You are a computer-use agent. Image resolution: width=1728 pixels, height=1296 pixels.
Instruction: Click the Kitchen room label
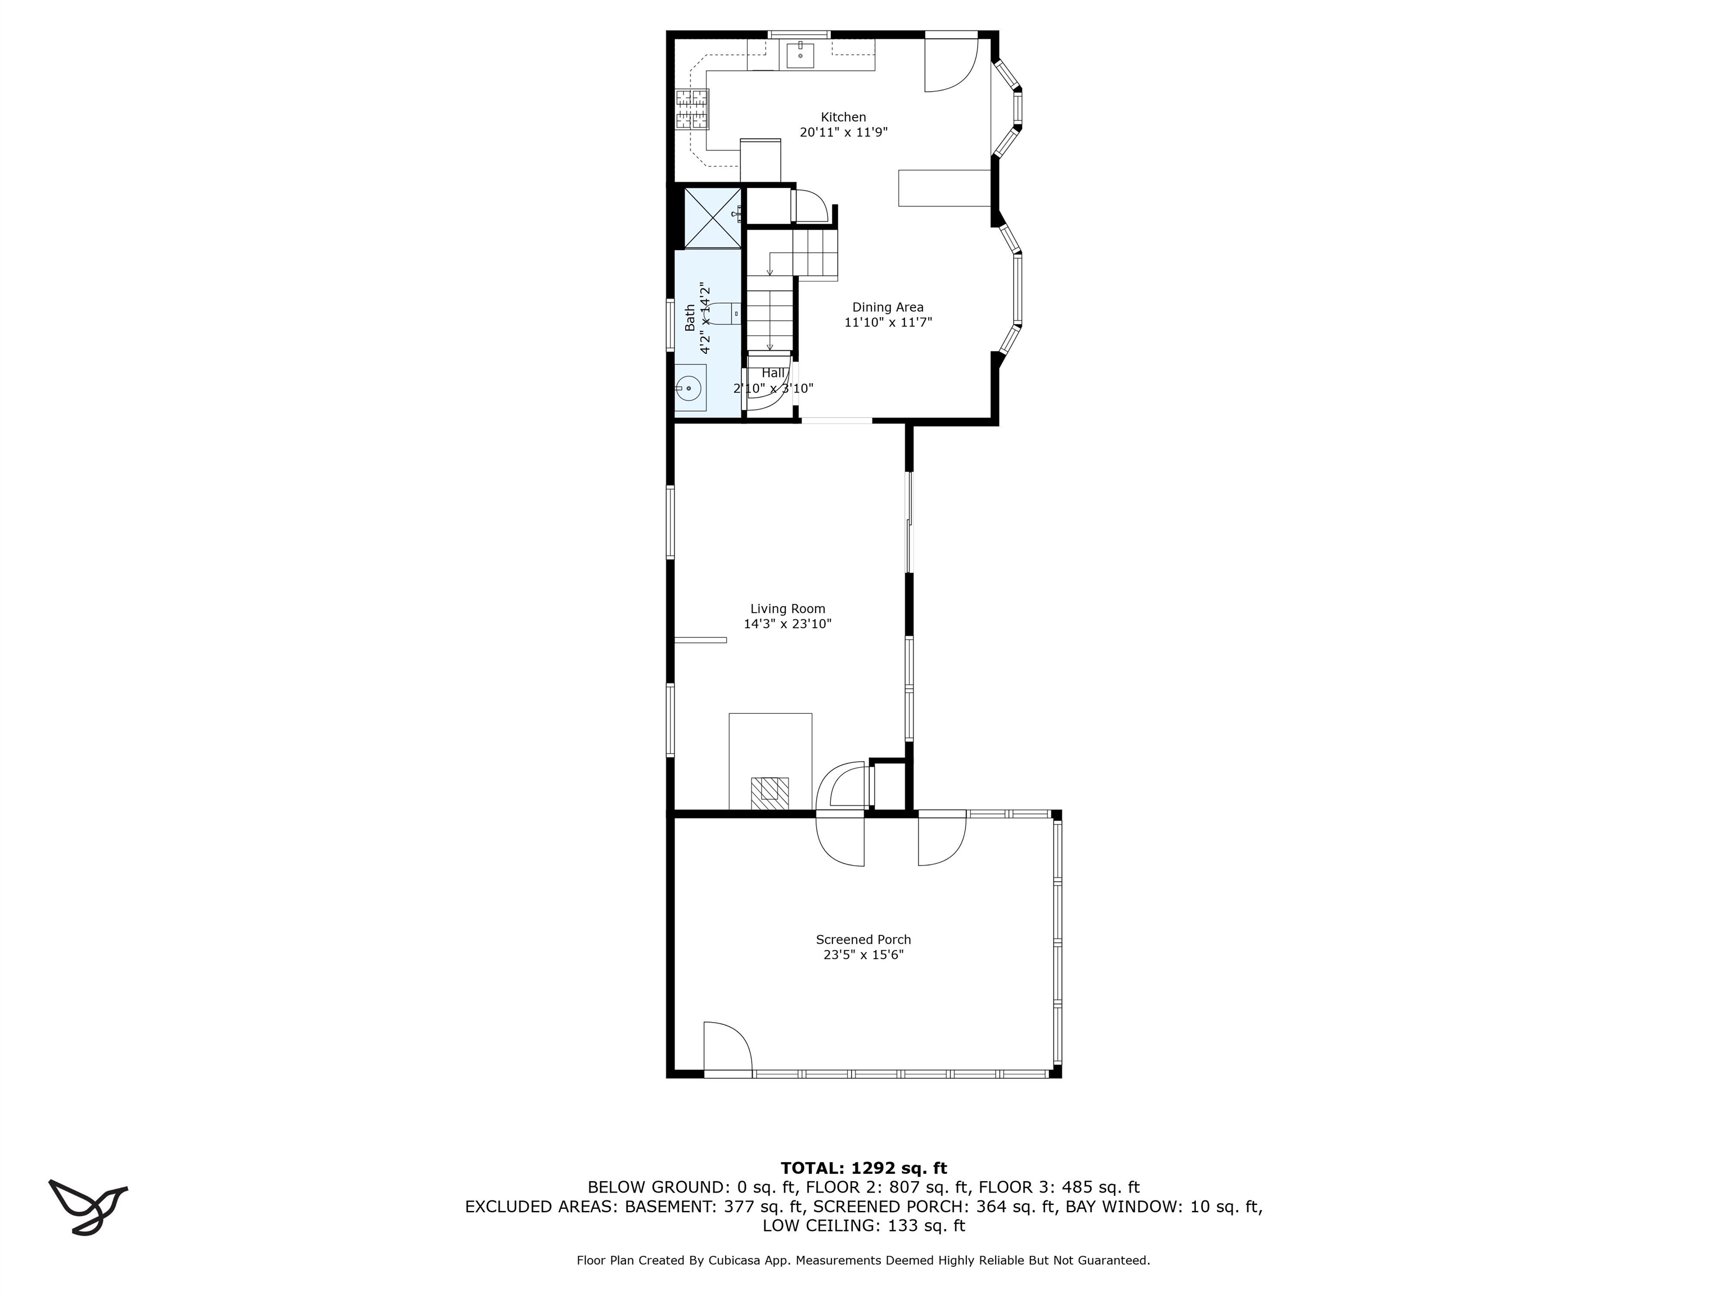pyautogui.click(x=843, y=117)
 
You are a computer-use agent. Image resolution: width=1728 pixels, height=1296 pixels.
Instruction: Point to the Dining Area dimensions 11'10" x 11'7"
pyautogui.click(x=888, y=322)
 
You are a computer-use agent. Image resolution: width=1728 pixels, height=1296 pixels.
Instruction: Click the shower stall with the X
pyautogui.click(x=712, y=217)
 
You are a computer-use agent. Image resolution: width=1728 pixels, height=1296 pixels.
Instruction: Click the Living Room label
pyautogui.click(x=787, y=609)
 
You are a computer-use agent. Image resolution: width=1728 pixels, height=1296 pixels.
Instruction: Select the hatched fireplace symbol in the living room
pyautogui.click(x=769, y=793)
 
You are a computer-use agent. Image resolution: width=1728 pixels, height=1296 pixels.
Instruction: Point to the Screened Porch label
pyautogui.click(x=863, y=940)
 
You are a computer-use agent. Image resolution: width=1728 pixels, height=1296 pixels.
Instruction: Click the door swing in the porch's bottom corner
pyautogui.click(x=727, y=1047)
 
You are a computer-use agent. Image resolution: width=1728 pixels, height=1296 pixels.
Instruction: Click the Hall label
pyautogui.click(x=773, y=373)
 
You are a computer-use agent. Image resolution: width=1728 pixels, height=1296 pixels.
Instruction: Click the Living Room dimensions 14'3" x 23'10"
pyautogui.click(x=787, y=624)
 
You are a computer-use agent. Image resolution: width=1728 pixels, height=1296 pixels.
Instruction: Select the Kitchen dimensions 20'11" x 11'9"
pyautogui.click(x=843, y=133)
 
